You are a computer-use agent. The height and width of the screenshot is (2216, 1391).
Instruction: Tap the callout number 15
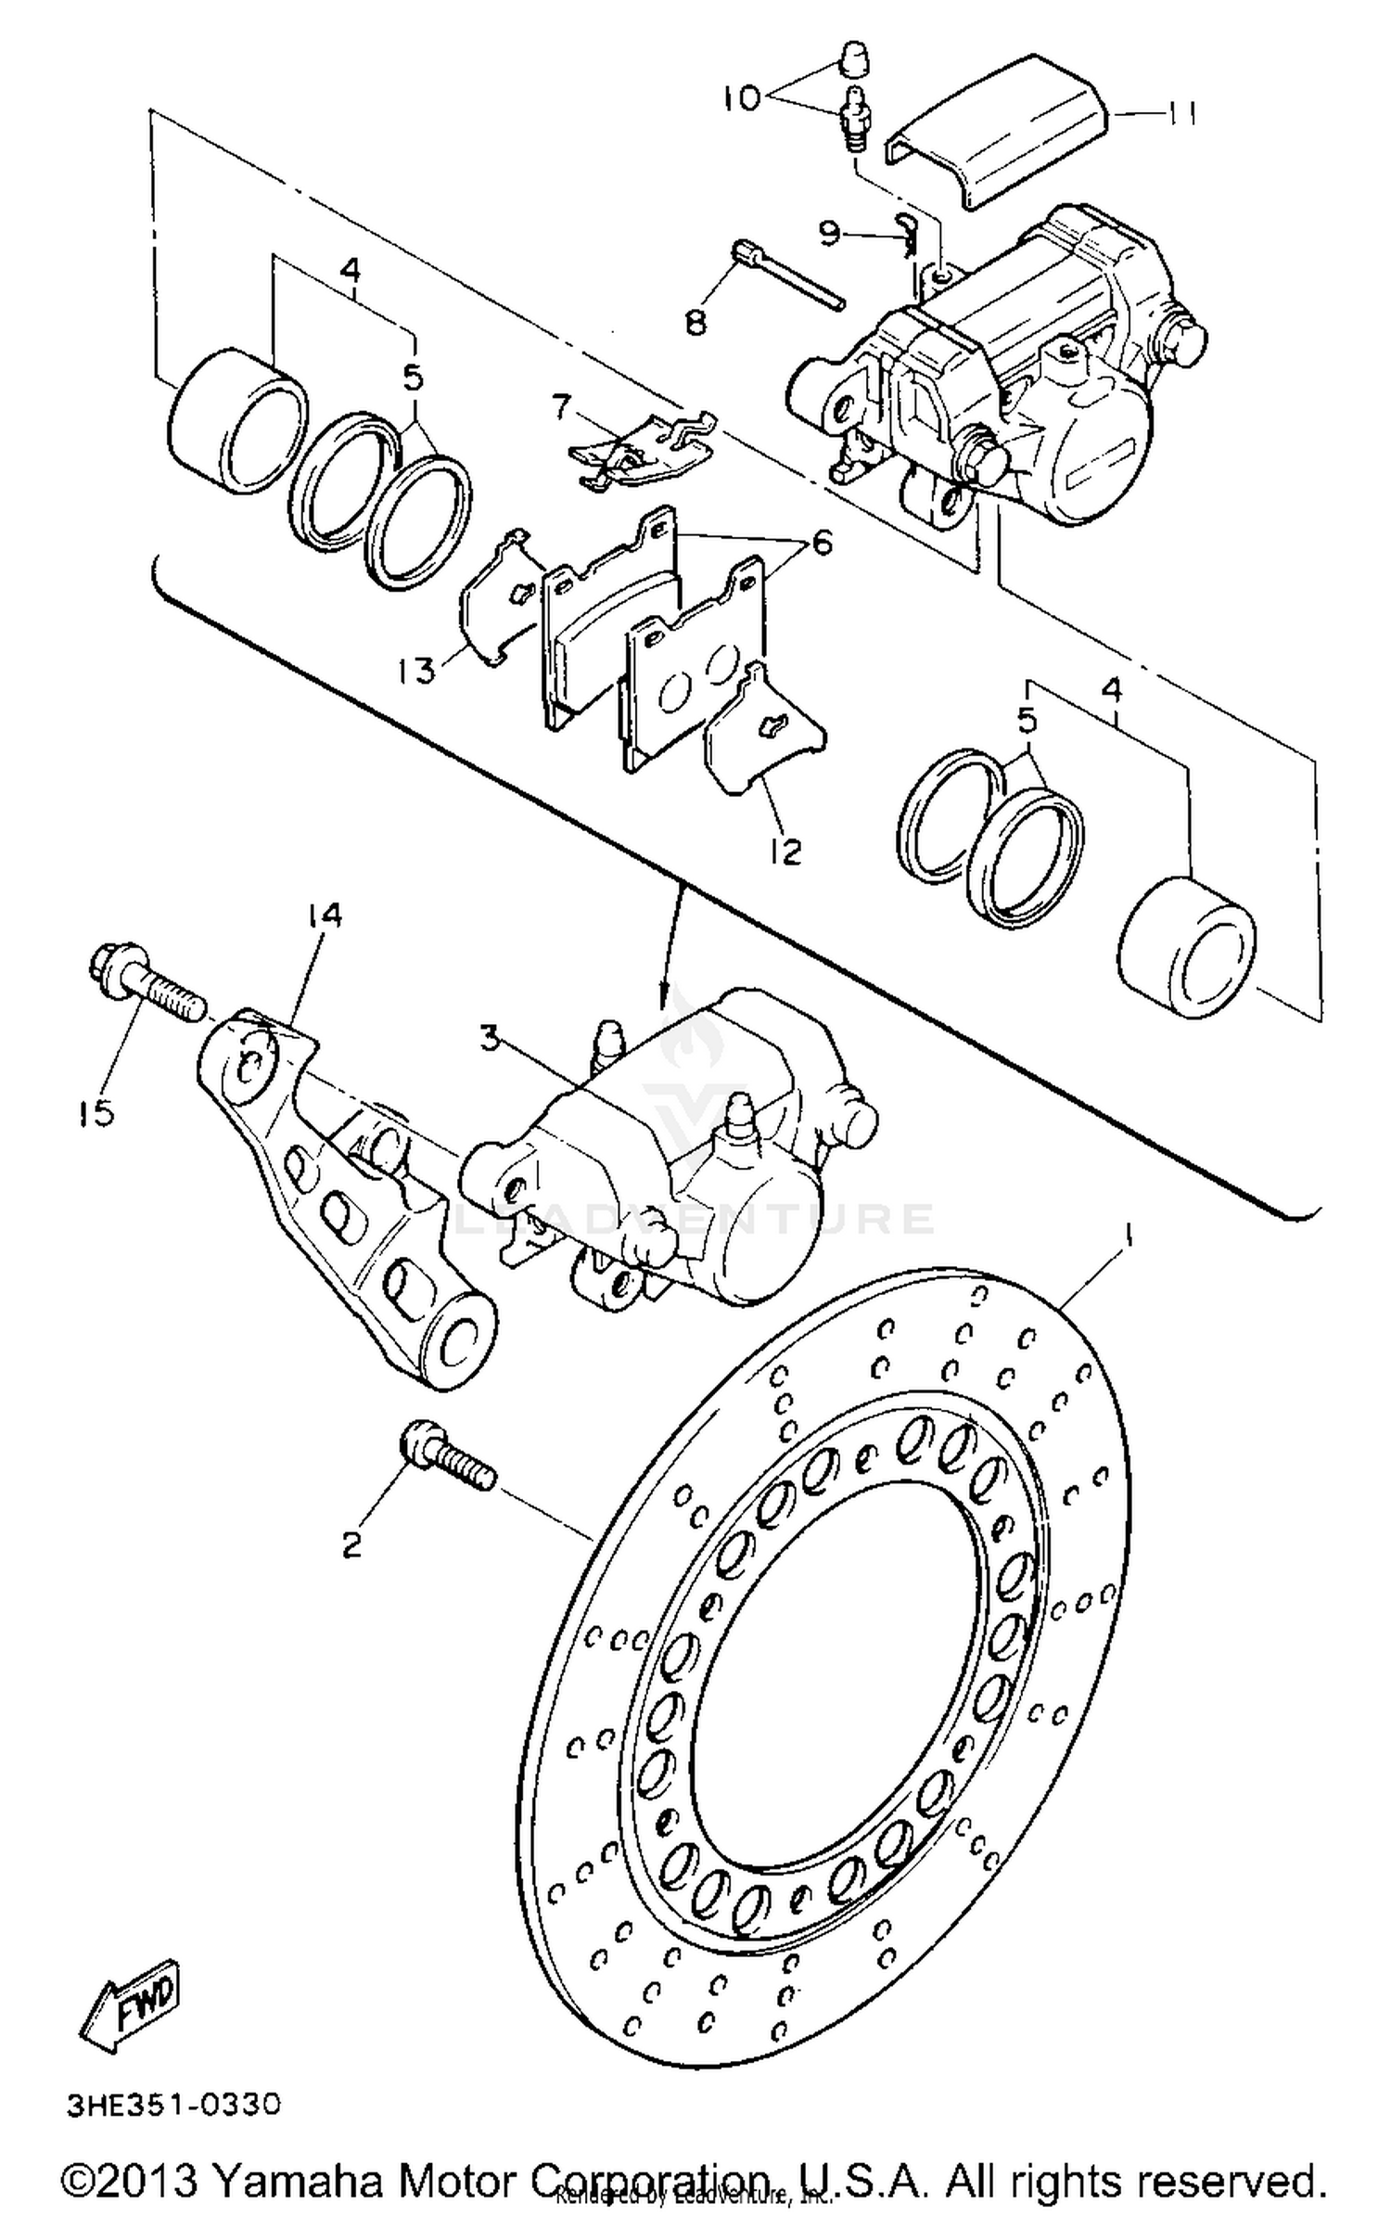click(95, 1111)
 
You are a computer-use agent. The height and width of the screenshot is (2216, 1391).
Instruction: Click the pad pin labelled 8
click(788, 275)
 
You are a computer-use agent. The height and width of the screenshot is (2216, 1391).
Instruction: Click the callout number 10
click(744, 96)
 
